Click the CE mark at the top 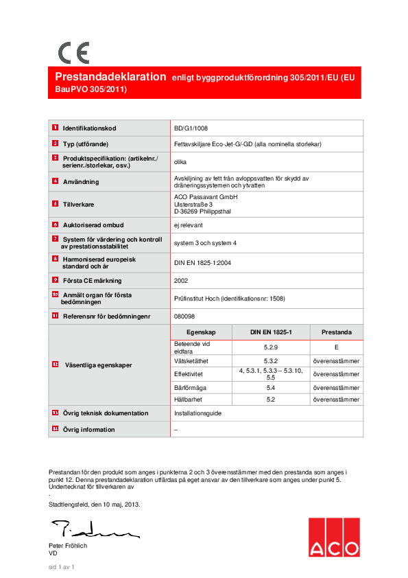point(73,53)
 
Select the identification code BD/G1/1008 point(191,128)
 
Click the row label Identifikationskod point(90,128)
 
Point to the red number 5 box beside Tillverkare point(55,204)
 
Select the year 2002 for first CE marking point(181,280)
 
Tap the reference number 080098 point(184,316)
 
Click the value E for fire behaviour point(336,347)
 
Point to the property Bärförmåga point(190,388)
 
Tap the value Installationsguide point(198,413)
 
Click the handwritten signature point(93,529)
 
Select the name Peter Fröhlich point(68,546)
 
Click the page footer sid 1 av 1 point(60,567)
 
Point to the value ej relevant point(188,224)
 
